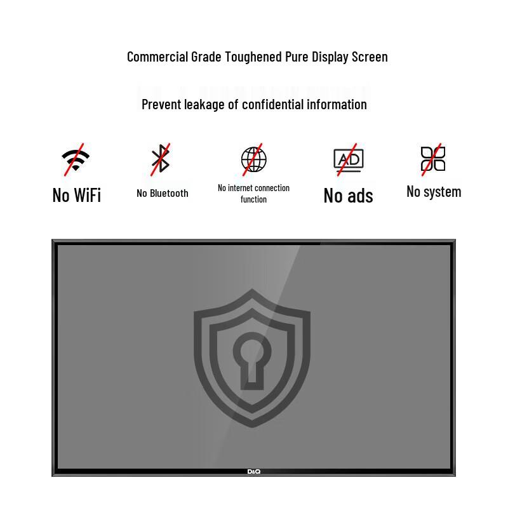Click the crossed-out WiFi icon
pyautogui.click(x=76, y=160)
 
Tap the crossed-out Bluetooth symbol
pyautogui.click(x=161, y=159)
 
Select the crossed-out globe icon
pyautogui.click(x=253, y=159)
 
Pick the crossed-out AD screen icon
pyautogui.click(x=348, y=159)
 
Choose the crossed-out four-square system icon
pyautogui.click(x=433, y=159)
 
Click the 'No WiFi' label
pyautogui.click(x=77, y=195)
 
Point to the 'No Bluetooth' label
pyautogui.click(x=163, y=194)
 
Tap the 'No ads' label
pyautogui.click(x=348, y=196)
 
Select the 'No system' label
pyautogui.click(x=434, y=192)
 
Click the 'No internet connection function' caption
pyautogui.click(x=253, y=194)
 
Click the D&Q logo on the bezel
pyautogui.click(x=253, y=472)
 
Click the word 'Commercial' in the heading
pyautogui.click(x=157, y=57)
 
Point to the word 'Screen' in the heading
pyautogui.click(x=370, y=57)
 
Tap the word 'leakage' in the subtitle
pyautogui.click(x=204, y=105)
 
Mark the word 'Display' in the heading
pyautogui.click(x=330, y=57)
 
